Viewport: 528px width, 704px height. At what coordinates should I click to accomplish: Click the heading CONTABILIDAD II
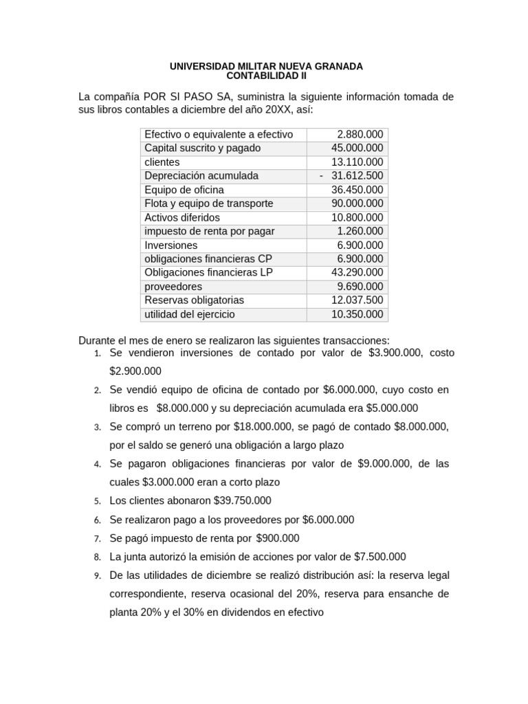click(x=266, y=76)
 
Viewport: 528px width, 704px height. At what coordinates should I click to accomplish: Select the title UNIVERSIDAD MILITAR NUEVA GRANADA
click(x=266, y=66)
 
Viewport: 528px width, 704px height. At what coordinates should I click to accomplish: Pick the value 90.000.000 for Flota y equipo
click(x=357, y=203)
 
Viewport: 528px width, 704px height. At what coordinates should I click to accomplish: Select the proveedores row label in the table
click(x=173, y=287)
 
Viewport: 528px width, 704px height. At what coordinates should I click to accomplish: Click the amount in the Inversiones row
click(x=360, y=245)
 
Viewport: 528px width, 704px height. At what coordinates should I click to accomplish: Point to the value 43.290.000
click(x=357, y=273)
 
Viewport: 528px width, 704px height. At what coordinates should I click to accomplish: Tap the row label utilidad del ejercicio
click(x=190, y=314)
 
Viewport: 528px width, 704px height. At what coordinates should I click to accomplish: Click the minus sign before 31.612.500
click(x=322, y=176)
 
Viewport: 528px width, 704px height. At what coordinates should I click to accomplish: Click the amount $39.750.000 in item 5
click(x=243, y=500)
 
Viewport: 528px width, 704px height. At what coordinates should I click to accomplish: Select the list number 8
click(x=98, y=557)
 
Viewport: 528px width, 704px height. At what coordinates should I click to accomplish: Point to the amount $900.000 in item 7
click(x=278, y=538)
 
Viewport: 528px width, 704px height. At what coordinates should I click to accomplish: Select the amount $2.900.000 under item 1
click(x=135, y=371)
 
